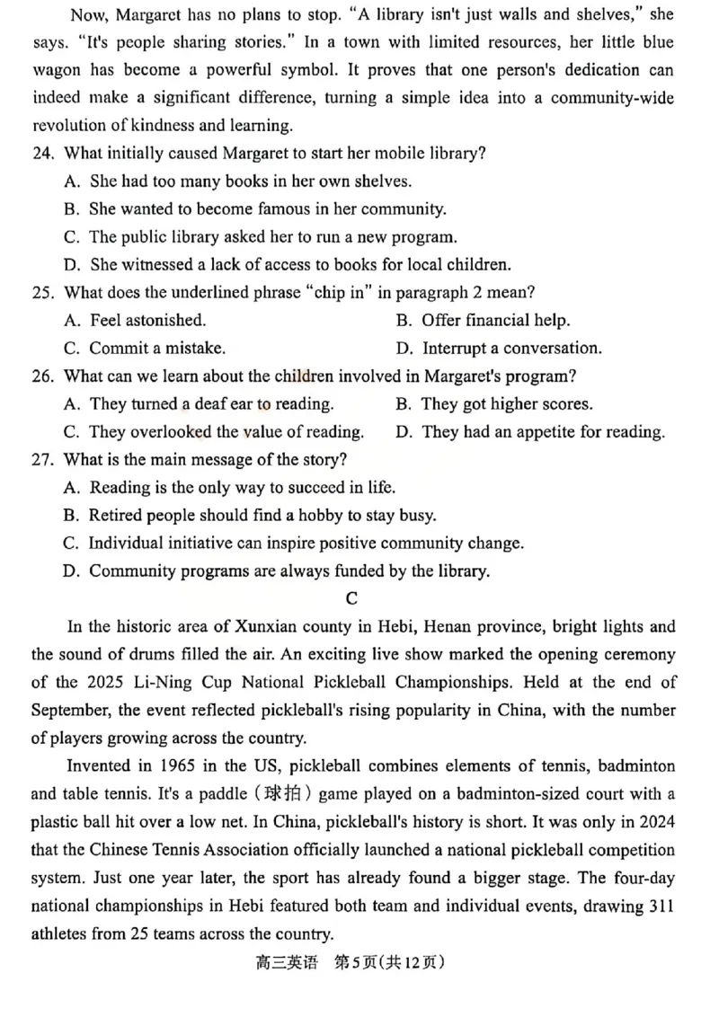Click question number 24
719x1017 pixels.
pyautogui.click(x=43, y=153)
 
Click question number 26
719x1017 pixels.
pyautogui.click(x=43, y=376)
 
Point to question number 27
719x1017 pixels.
pyautogui.click(x=43, y=459)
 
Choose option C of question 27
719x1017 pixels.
pyautogui.click(x=294, y=543)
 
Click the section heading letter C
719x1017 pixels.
pyautogui.click(x=351, y=598)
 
